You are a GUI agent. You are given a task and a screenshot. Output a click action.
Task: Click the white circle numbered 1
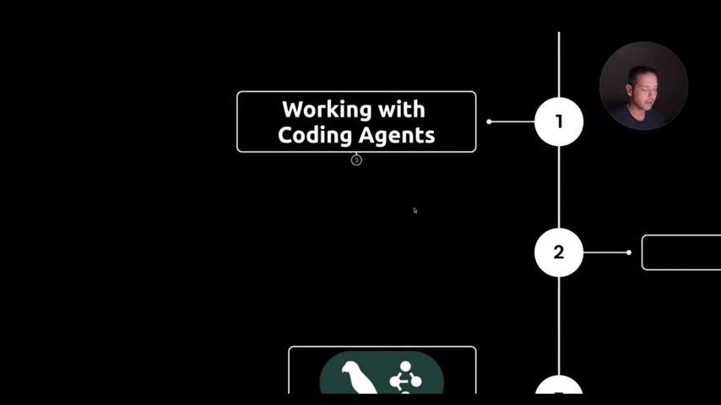(x=559, y=121)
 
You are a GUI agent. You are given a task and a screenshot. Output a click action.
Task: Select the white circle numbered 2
(x=559, y=252)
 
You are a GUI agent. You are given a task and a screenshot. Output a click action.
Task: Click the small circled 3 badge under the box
(x=356, y=160)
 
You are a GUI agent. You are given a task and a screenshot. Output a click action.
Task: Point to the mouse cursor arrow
(x=415, y=210)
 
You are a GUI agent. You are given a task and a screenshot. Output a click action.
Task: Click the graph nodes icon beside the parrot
(x=405, y=378)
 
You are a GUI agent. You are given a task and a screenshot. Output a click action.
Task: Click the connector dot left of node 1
(x=489, y=121)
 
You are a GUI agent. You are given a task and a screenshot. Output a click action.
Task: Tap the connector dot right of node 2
(x=629, y=252)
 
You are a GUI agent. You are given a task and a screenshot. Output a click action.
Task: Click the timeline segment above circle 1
(x=559, y=63)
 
